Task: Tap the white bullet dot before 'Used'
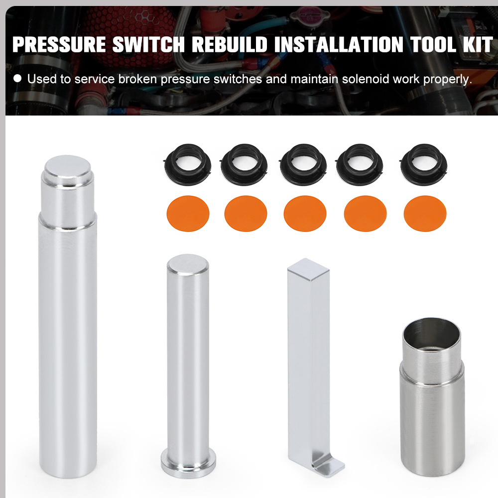17,79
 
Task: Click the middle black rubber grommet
303,164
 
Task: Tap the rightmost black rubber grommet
424,164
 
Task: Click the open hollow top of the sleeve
431,331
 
